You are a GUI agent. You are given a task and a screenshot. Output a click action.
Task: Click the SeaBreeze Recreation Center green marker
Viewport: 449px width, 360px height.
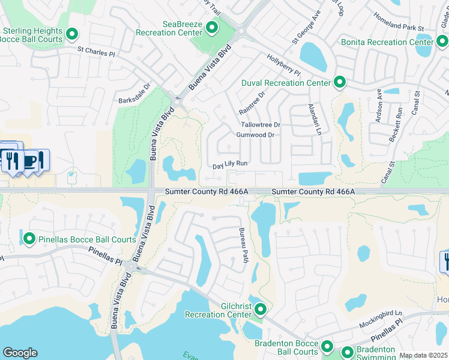pyautogui.click(x=211, y=27)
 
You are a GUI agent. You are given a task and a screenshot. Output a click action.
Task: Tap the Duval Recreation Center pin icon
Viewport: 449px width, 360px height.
pyautogui.click(x=340, y=82)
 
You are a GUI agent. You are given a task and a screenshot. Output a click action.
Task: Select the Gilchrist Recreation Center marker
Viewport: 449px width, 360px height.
pyautogui.click(x=261, y=310)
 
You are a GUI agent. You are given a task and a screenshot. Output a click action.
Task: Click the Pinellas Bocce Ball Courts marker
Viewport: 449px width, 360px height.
pyautogui.click(x=29, y=239)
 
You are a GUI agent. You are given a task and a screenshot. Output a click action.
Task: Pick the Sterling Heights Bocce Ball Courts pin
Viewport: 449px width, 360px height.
pyautogui.click(x=73, y=35)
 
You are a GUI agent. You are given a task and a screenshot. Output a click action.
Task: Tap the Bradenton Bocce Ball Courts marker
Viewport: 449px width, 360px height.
pyautogui.click(x=327, y=346)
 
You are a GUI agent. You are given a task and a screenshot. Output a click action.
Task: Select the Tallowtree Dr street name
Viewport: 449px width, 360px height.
pyautogui.click(x=261, y=125)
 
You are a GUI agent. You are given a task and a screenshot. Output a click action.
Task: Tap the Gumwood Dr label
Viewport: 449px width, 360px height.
pyautogui.click(x=255, y=135)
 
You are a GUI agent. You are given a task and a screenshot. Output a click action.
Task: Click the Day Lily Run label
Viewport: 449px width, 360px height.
pyautogui.click(x=230, y=164)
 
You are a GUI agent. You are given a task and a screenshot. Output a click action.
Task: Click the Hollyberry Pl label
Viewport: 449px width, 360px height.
pyautogui.click(x=283, y=64)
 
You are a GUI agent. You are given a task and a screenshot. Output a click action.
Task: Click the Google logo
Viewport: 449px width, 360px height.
pyautogui.click(x=20, y=353)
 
